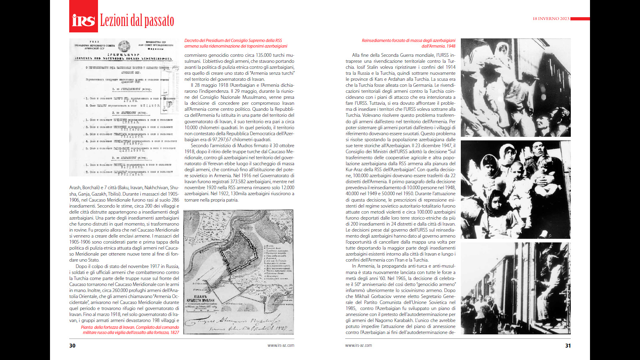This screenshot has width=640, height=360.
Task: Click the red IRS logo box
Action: click(84, 16)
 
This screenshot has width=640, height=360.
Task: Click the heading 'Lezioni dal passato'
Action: click(137, 20)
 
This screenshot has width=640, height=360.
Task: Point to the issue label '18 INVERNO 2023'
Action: click(551, 19)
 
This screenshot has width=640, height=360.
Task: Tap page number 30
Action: click(72, 346)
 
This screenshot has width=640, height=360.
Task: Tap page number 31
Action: click(568, 346)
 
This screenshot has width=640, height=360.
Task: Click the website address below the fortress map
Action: click(281, 345)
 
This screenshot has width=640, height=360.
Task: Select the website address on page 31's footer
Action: click(358, 345)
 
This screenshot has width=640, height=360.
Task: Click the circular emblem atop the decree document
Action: click(124, 45)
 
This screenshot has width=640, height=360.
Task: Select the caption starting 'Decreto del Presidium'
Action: click(236, 43)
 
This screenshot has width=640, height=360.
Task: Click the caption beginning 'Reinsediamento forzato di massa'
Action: click(408, 43)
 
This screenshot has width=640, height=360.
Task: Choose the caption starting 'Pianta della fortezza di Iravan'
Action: click(130, 330)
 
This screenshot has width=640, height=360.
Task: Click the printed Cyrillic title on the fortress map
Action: click(200, 299)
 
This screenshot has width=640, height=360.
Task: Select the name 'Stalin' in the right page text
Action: click(372, 67)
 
